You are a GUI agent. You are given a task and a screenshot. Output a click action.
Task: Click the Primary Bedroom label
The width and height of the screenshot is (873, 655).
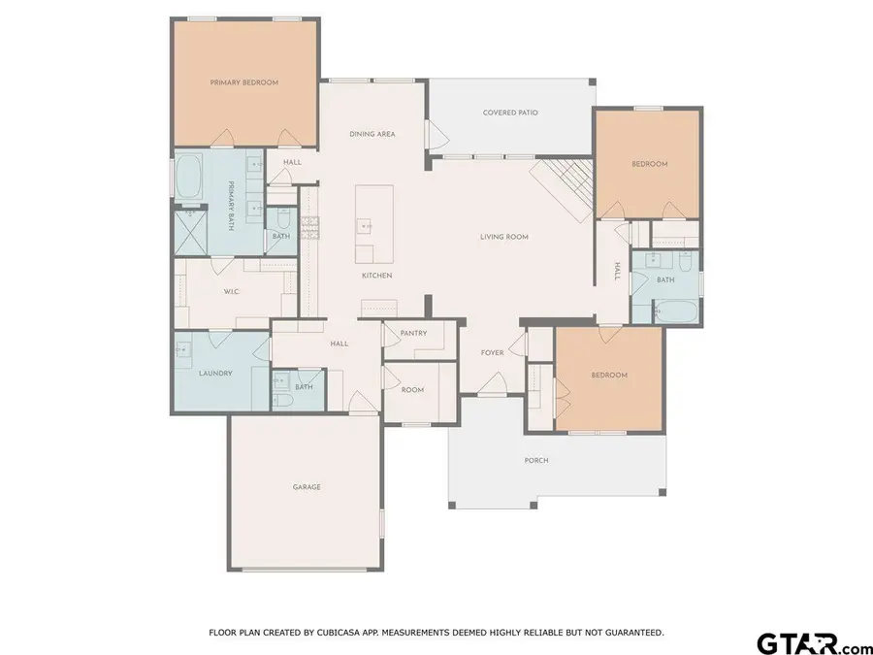coord(244,83)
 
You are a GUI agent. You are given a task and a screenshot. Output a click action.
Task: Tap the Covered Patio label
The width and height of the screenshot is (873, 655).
coord(510,113)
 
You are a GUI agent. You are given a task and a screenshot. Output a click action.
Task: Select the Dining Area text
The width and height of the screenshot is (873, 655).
coord(372,134)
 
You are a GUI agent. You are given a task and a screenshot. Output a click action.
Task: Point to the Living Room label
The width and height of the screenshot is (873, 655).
coord(503,237)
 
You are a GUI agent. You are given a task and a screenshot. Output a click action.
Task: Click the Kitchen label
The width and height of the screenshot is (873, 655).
coord(376,276)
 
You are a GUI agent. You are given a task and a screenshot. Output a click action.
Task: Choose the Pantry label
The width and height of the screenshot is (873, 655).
coord(413,333)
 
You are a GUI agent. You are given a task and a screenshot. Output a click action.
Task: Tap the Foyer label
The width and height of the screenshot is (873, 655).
coord(492,352)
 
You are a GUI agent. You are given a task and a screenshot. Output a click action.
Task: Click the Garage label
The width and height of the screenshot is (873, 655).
coord(307,486)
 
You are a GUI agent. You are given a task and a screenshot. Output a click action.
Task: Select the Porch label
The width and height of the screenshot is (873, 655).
coord(536,460)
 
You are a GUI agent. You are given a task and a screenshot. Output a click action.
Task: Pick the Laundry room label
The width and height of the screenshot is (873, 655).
coord(214,373)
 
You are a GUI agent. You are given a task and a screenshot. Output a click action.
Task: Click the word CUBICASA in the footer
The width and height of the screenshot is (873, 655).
coord(345,633)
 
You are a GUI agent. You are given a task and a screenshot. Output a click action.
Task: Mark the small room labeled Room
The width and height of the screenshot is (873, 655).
coord(412,390)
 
